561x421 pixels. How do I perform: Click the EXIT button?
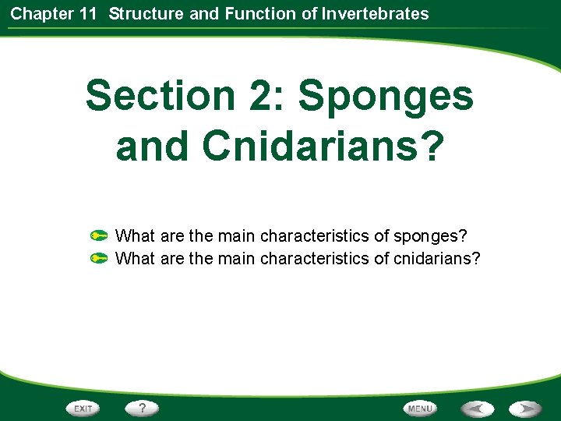(x=83, y=409)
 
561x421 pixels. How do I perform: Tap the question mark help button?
(x=143, y=408)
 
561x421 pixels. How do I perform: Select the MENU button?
(x=419, y=409)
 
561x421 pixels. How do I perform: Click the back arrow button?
(x=476, y=409)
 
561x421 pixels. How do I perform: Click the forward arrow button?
(x=526, y=409)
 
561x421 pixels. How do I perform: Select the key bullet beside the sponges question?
(x=99, y=235)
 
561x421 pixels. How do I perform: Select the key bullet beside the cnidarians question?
(x=99, y=257)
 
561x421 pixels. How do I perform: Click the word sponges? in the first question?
(x=433, y=235)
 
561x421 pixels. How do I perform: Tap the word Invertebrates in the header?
(x=382, y=13)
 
